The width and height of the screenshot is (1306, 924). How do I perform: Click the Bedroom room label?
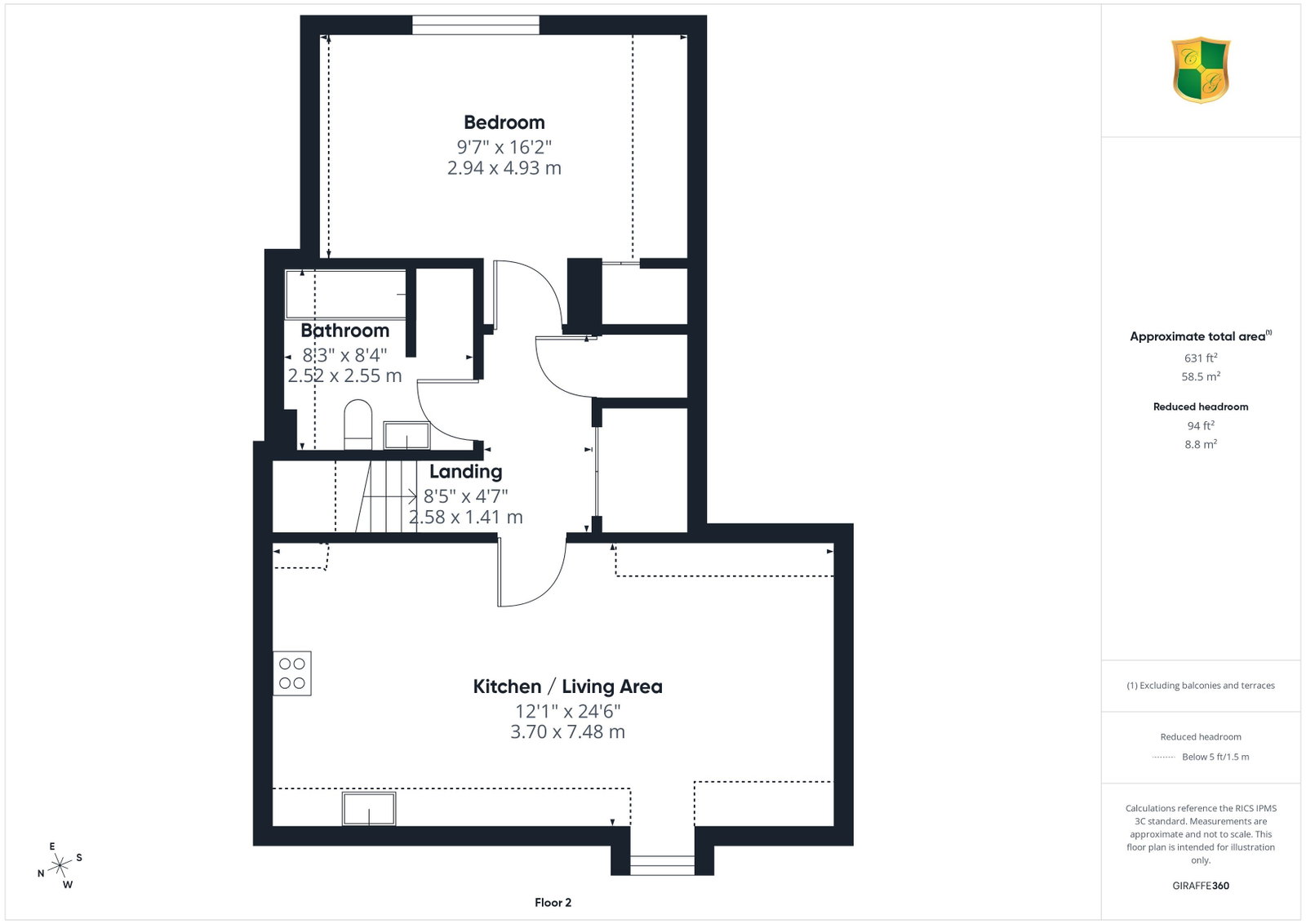pos(504,123)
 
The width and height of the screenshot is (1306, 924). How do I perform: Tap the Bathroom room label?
pos(345,331)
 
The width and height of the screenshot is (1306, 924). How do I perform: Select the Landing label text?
pos(466,472)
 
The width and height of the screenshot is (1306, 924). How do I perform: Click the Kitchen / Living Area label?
pos(567,686)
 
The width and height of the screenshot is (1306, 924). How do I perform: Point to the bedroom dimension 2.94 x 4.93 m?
pos(504,168)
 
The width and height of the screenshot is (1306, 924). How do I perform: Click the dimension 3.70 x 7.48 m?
pos(567,731)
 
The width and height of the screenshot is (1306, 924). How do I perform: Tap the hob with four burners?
pos(292,673)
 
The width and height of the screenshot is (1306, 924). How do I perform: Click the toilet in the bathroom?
pos(358,424)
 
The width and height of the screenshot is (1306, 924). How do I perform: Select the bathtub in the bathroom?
pos(346,295)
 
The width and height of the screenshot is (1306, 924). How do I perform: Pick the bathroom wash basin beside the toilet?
pos(406,435)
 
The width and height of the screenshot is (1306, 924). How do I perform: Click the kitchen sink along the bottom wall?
pos(369,808)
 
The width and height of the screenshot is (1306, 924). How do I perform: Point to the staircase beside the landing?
pos(386,496)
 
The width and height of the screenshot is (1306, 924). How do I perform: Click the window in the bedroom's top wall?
pos(476,25)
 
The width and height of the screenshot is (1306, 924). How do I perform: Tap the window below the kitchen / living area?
pos(662,865)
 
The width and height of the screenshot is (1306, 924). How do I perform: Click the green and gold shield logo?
pos(1201,70)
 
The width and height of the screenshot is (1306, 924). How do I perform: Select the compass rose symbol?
pos(60,866)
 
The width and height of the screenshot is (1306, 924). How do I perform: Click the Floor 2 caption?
pos(553,903)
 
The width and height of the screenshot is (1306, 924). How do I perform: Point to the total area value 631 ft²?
pos(1201,358)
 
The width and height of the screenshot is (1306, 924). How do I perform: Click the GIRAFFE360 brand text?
pos(1201,886)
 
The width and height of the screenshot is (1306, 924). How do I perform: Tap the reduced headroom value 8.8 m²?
pos(1201,444)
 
